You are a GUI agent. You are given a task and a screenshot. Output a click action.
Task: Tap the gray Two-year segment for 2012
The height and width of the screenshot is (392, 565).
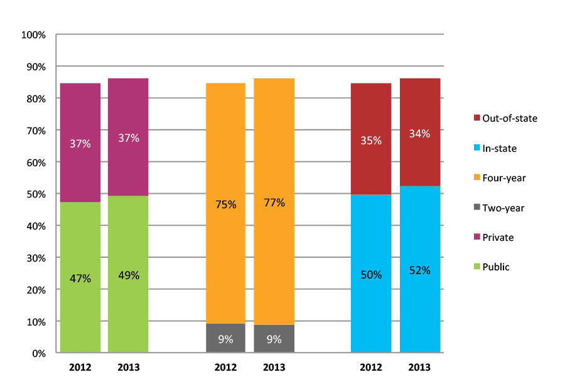pos(225,339)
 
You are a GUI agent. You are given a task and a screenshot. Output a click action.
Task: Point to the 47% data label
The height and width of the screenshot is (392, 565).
pos(80,278)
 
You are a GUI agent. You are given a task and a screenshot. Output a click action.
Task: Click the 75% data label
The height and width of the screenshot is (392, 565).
pos(226,204)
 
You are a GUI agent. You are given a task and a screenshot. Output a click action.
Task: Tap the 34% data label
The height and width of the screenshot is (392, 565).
pos(420,134)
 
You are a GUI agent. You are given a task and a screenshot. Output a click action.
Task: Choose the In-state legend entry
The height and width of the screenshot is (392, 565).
pos(500,148)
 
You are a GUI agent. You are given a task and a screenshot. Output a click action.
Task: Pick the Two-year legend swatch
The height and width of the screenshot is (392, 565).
pos(476,208)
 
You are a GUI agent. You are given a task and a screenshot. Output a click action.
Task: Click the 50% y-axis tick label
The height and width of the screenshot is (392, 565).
pos(36,194)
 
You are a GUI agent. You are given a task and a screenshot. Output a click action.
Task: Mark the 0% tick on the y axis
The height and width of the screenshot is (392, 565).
pos(38,354)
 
